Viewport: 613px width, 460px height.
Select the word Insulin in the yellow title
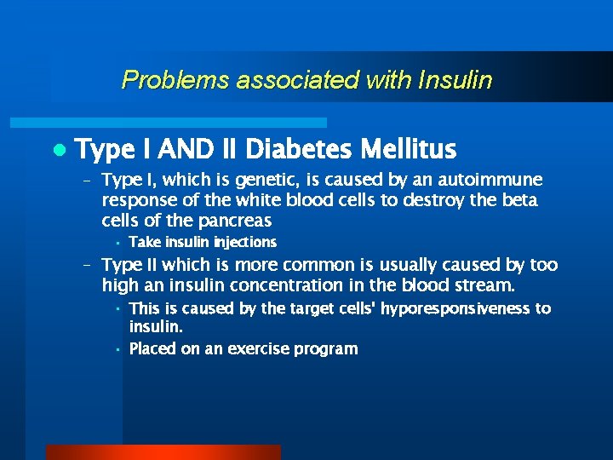tap(455, 81)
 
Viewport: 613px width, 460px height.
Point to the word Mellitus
tap(409, 150)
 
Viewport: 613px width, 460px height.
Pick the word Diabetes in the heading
tap(299, 150)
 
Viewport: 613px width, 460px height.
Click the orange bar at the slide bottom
tap(163, 452)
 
